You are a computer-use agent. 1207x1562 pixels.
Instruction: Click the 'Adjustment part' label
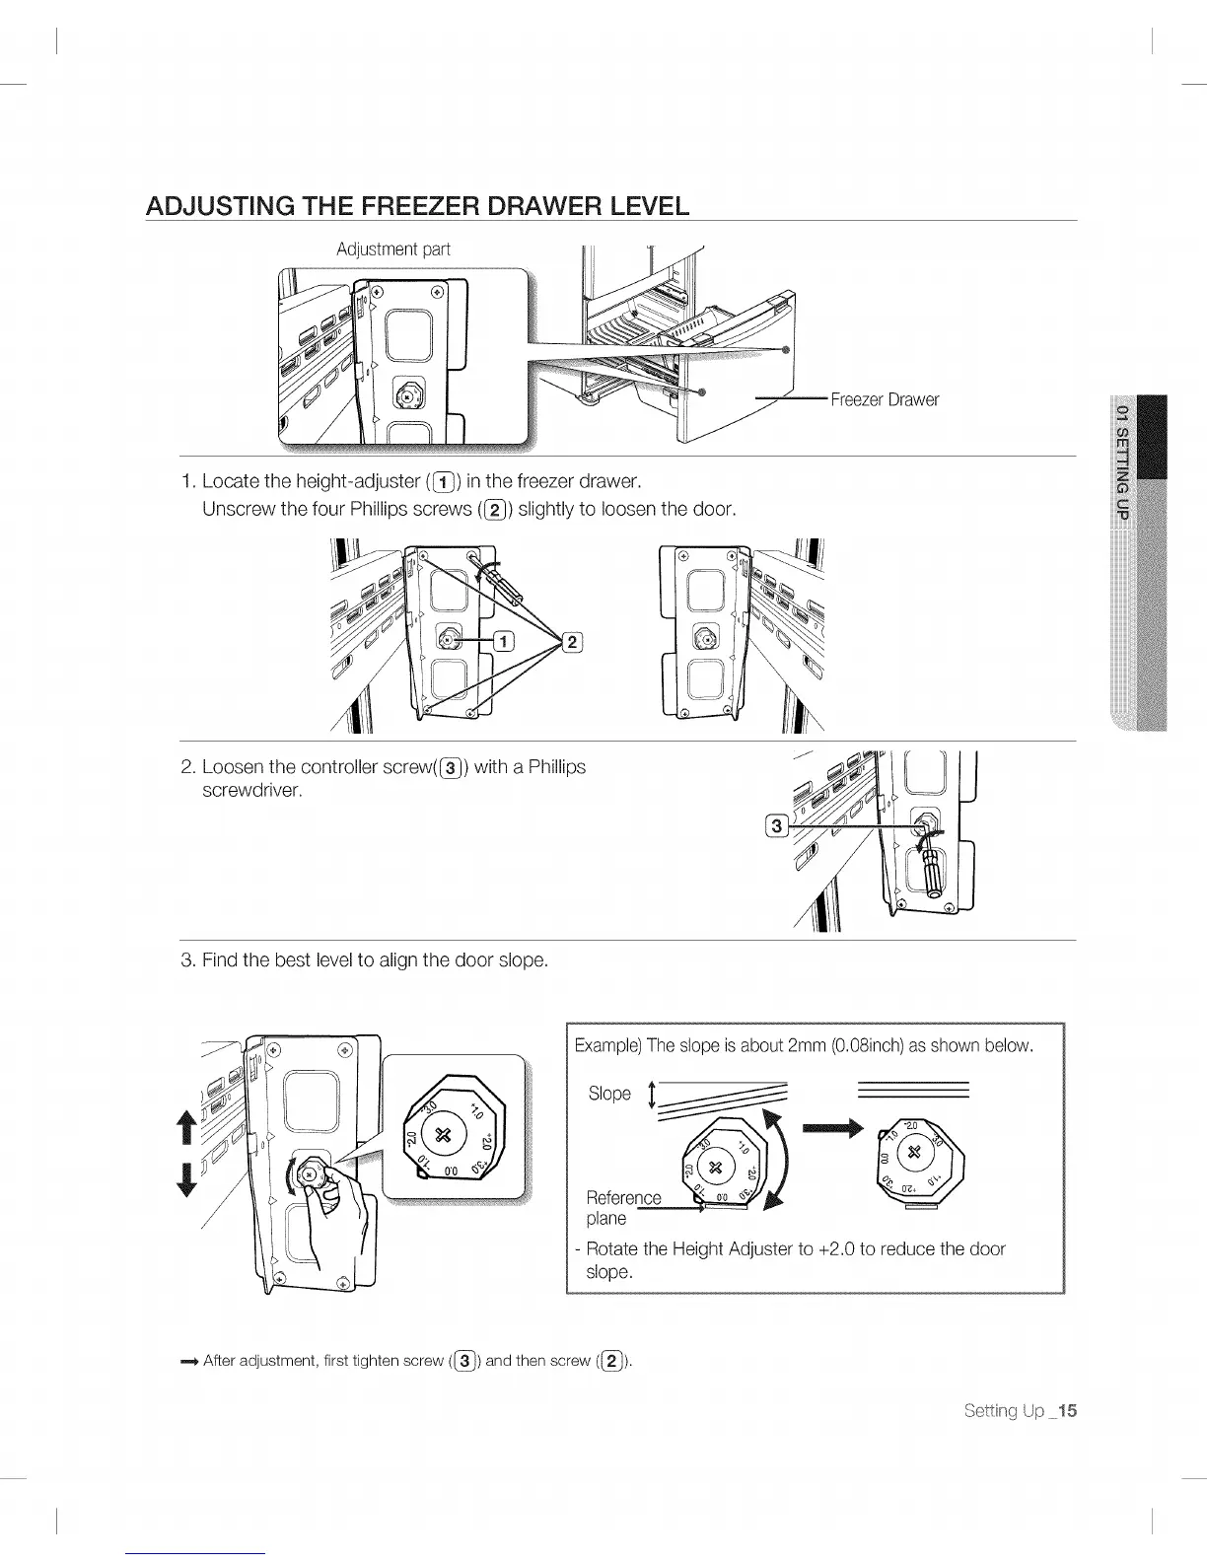click(x=392, y=249)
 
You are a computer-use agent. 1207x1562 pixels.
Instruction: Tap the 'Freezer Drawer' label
click(x=884, y=399)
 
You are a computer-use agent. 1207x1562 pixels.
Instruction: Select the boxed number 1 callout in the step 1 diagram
click(x=502, y=643)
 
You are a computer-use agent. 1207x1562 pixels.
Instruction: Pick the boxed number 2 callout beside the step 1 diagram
click(x=572, y=643)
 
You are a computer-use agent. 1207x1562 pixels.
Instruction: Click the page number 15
click(x=1065, y=1410)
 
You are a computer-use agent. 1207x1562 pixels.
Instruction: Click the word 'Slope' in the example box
click(x=608, y=1093)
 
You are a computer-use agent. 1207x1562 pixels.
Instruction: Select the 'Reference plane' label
click(x=622, y=1208)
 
